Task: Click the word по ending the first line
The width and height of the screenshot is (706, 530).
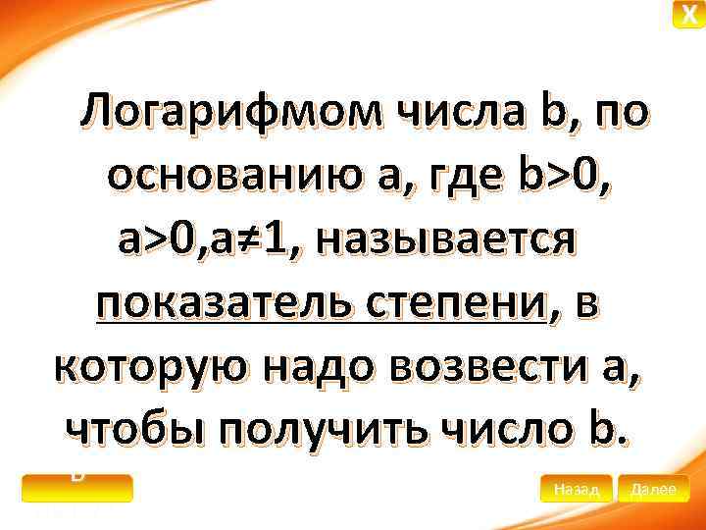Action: point(619,116)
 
